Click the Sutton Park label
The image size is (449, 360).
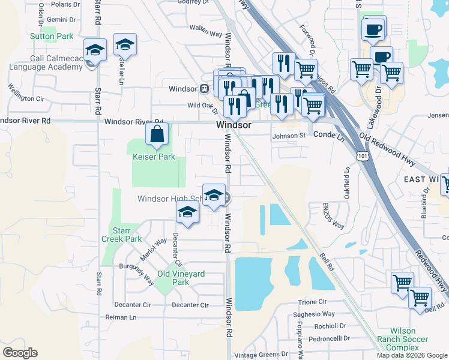tap(52, 37)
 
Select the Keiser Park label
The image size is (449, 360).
tap(154, 157)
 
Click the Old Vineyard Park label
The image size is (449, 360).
tap(181, 278)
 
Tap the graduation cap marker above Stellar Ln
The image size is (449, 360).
tap(125, 46)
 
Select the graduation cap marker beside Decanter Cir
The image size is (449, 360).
tap(188, 212)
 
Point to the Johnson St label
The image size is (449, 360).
tap(289, 136)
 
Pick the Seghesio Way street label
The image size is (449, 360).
tap(313, 314)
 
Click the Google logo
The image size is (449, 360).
tap(20, 353)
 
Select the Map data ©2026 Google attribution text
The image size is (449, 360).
tap(411, 355)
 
